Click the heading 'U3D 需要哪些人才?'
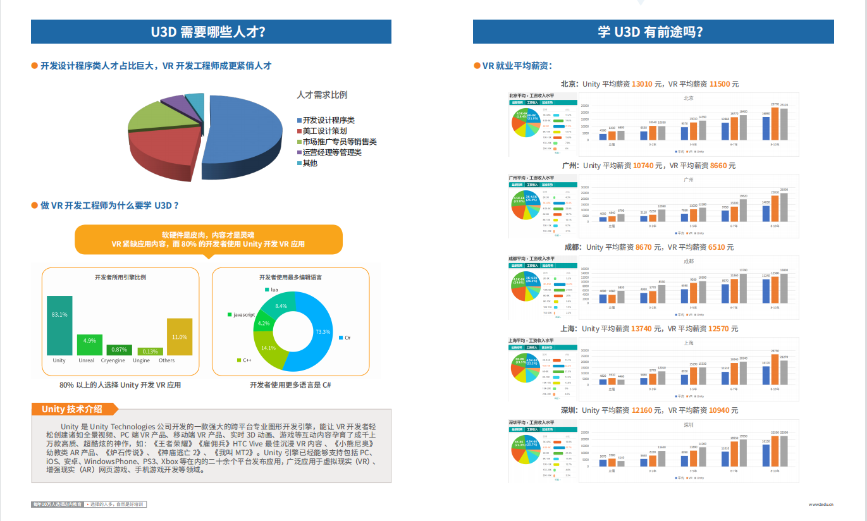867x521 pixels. point(211,32)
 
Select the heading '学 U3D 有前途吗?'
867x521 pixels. point(653,32)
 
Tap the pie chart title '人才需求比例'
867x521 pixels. point(322,95)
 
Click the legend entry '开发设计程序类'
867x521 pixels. point(328,120)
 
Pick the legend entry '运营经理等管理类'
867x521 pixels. point(331,152)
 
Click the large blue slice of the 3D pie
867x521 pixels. point(247,130)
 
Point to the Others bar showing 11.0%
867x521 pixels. point(179,336)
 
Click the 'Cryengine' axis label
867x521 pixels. point(114,360)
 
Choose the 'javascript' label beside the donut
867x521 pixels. point(243,314)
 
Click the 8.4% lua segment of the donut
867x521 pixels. point(282,305)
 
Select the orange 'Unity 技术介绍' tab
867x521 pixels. point(71,409)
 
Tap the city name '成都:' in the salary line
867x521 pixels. point(572,247)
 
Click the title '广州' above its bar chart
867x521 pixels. point(689,180)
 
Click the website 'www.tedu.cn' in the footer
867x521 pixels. point(821,505)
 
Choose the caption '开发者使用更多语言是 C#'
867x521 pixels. point(290,385)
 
